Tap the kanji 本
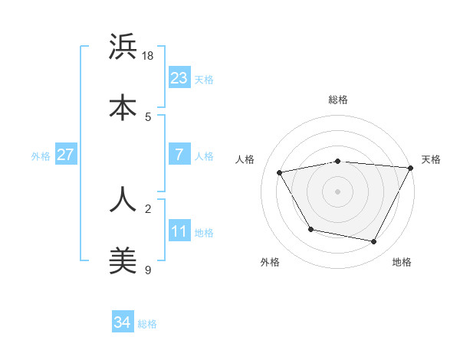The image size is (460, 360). pyautogui.click(x=123, y=107)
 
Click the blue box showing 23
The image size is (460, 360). pyautogui.click(x=179, y=77)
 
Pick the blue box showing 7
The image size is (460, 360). pyautogui.click(x=179, y=155)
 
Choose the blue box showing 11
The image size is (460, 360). pyautogui.click(x=179, y=231)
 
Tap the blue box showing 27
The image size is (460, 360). pyautogui.click(x=66, y=155)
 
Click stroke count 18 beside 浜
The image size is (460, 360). pyautogui.click(x=149, y=55)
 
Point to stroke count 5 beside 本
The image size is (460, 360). pyautogui.click(x=148, y=116)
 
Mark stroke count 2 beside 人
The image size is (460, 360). pyautogui.click(x=148, y=208)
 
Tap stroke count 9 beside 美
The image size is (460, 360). pyautogui.click(x=148, y=270)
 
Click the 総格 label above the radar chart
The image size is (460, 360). pyautogui.click(x=338, y=100)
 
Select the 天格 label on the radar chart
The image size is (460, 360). pyautogui.click(x=431, y=159)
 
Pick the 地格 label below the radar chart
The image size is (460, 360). pyautogui.click(x=402, y=262)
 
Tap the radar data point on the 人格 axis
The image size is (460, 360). pyautogui.click(x=280, y=173)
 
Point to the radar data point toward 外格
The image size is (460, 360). pyautogui.click(x=310, y=229)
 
